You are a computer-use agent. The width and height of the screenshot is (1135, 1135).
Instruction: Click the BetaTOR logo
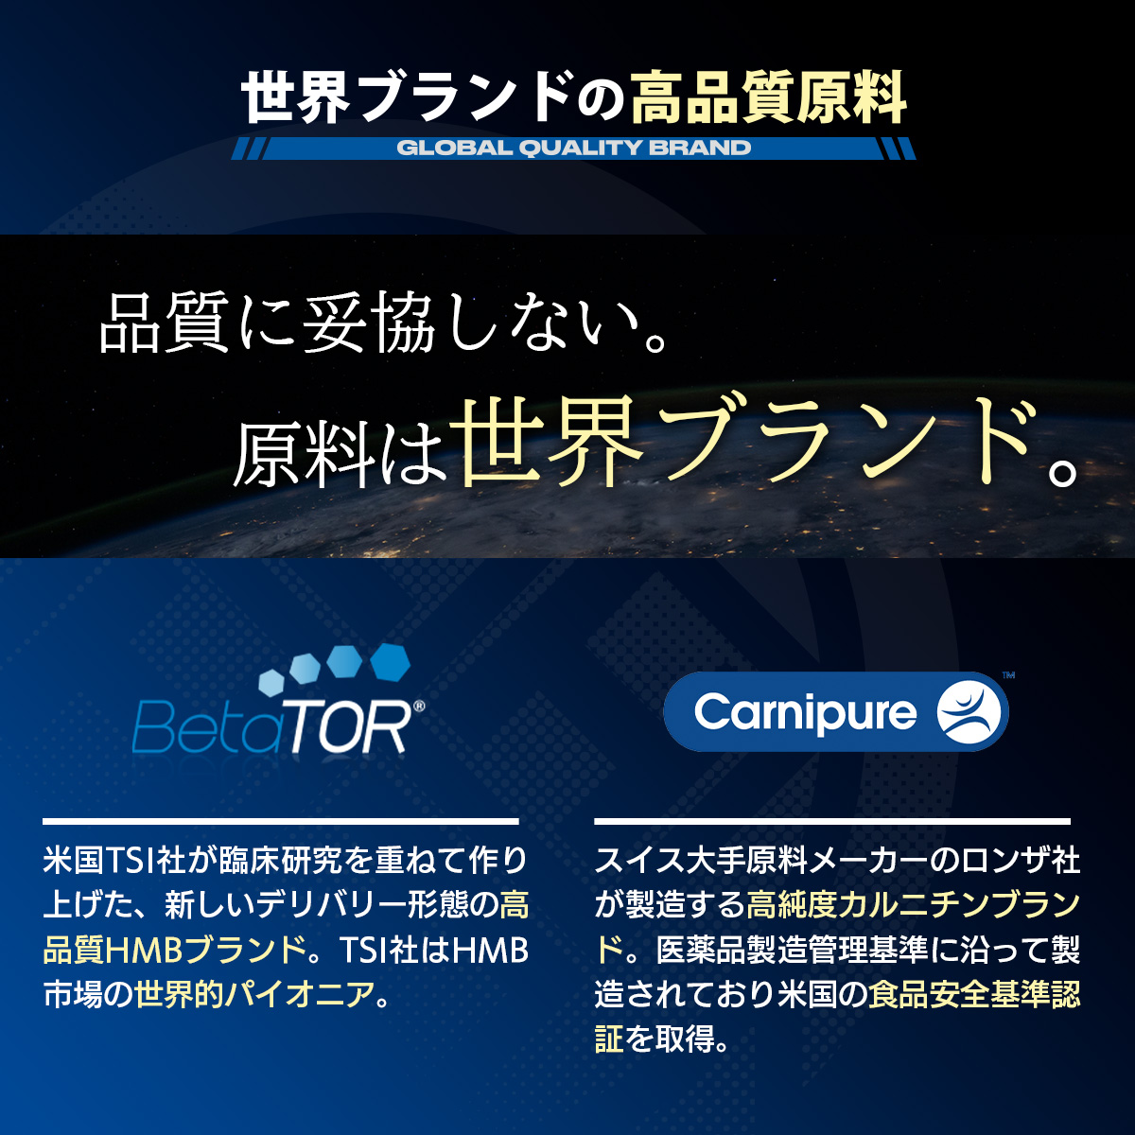[278, 700]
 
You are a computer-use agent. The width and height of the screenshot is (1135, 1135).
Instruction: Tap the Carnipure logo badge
[836, 711]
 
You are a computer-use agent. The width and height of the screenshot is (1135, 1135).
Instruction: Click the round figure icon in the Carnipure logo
[969, 711]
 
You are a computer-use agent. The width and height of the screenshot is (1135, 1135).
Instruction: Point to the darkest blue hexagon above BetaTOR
[390, 662]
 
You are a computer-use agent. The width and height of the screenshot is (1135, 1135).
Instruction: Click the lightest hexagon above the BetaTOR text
[271, 683]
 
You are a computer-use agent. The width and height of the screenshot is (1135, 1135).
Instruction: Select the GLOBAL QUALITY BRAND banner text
[574, 148]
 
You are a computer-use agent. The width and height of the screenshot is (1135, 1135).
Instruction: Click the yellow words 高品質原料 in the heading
[768, 97]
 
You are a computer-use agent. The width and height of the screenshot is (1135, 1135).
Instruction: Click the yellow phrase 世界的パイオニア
[254, 995]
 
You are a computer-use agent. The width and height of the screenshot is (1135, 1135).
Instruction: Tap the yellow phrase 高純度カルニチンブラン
[914, 905]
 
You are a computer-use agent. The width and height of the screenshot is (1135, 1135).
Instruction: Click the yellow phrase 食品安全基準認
[974, 995]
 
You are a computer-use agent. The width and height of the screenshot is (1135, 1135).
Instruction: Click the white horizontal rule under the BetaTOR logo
[280, 821]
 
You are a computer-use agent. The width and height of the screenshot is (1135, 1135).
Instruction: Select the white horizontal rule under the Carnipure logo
[832, 821]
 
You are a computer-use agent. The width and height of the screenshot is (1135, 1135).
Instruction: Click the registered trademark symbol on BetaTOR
[419, 707]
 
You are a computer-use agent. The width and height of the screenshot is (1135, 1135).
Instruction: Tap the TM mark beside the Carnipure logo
[1008, 675]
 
